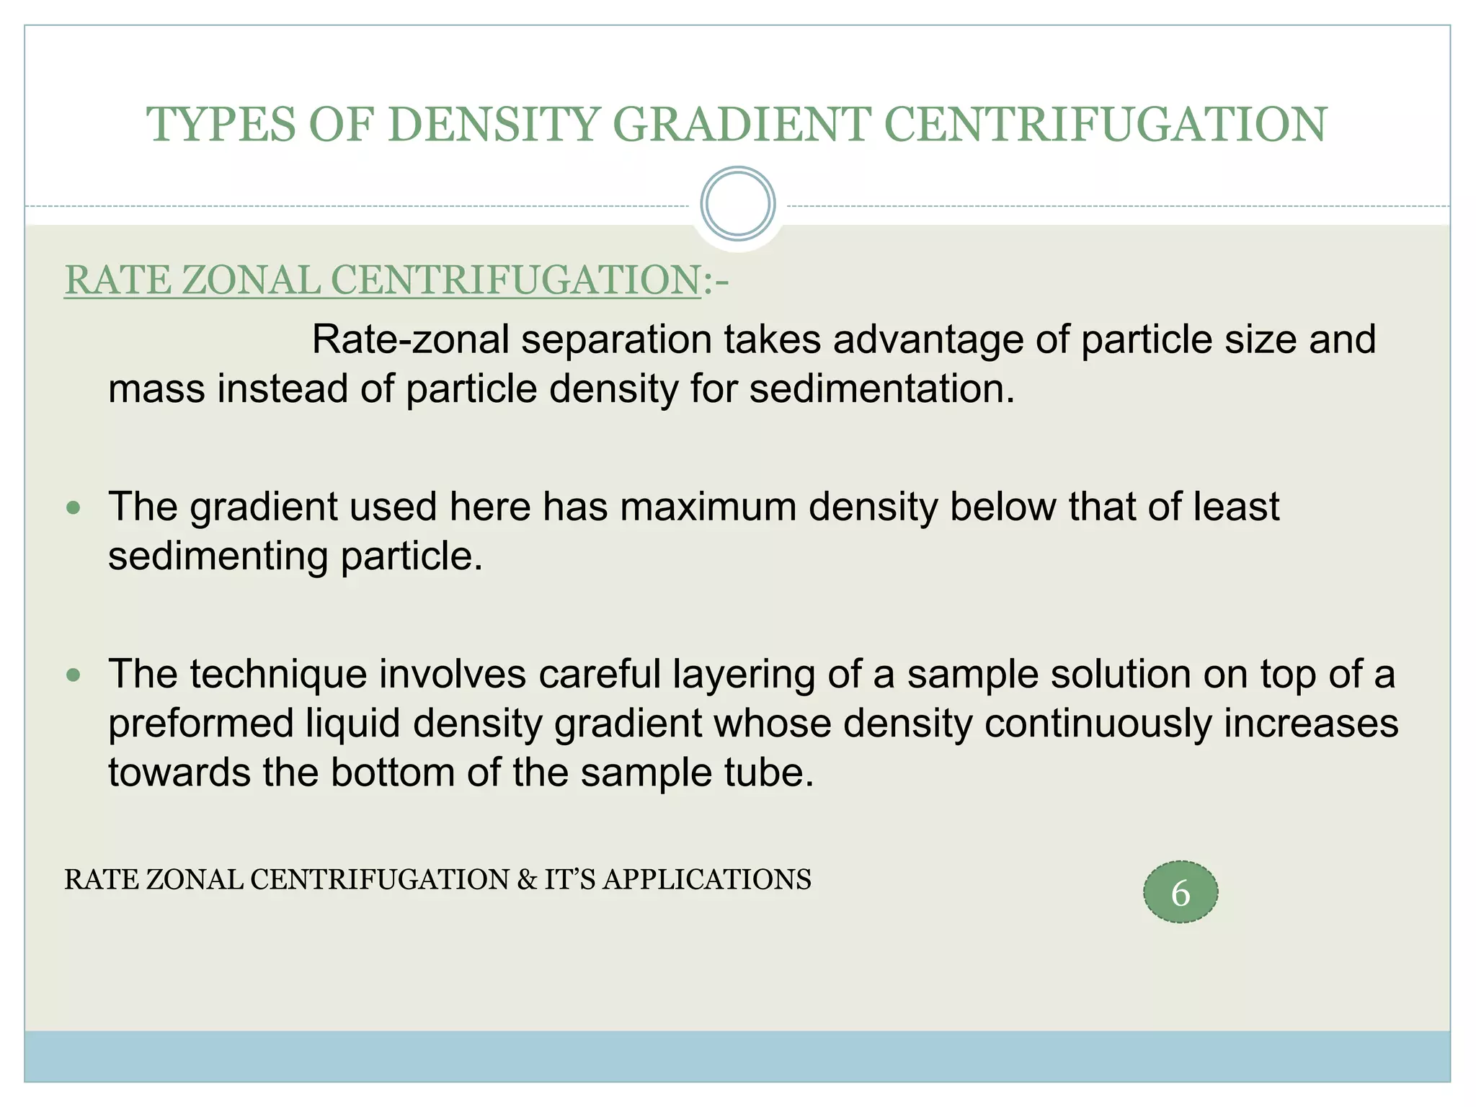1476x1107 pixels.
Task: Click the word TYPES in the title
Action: (221, 124)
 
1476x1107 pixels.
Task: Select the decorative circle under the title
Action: (737, 204)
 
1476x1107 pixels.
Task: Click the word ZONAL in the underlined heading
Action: (251, 280)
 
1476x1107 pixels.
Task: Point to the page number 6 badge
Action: (1180, 892)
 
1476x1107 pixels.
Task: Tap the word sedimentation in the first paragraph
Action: (881, 389)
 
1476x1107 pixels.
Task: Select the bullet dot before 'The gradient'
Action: (73, 508)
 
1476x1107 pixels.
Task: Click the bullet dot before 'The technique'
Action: (73, 675)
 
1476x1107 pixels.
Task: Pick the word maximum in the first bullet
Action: (708, 507)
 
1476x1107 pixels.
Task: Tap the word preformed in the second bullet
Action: (201, 724)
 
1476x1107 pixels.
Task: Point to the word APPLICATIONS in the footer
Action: (707, 880)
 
